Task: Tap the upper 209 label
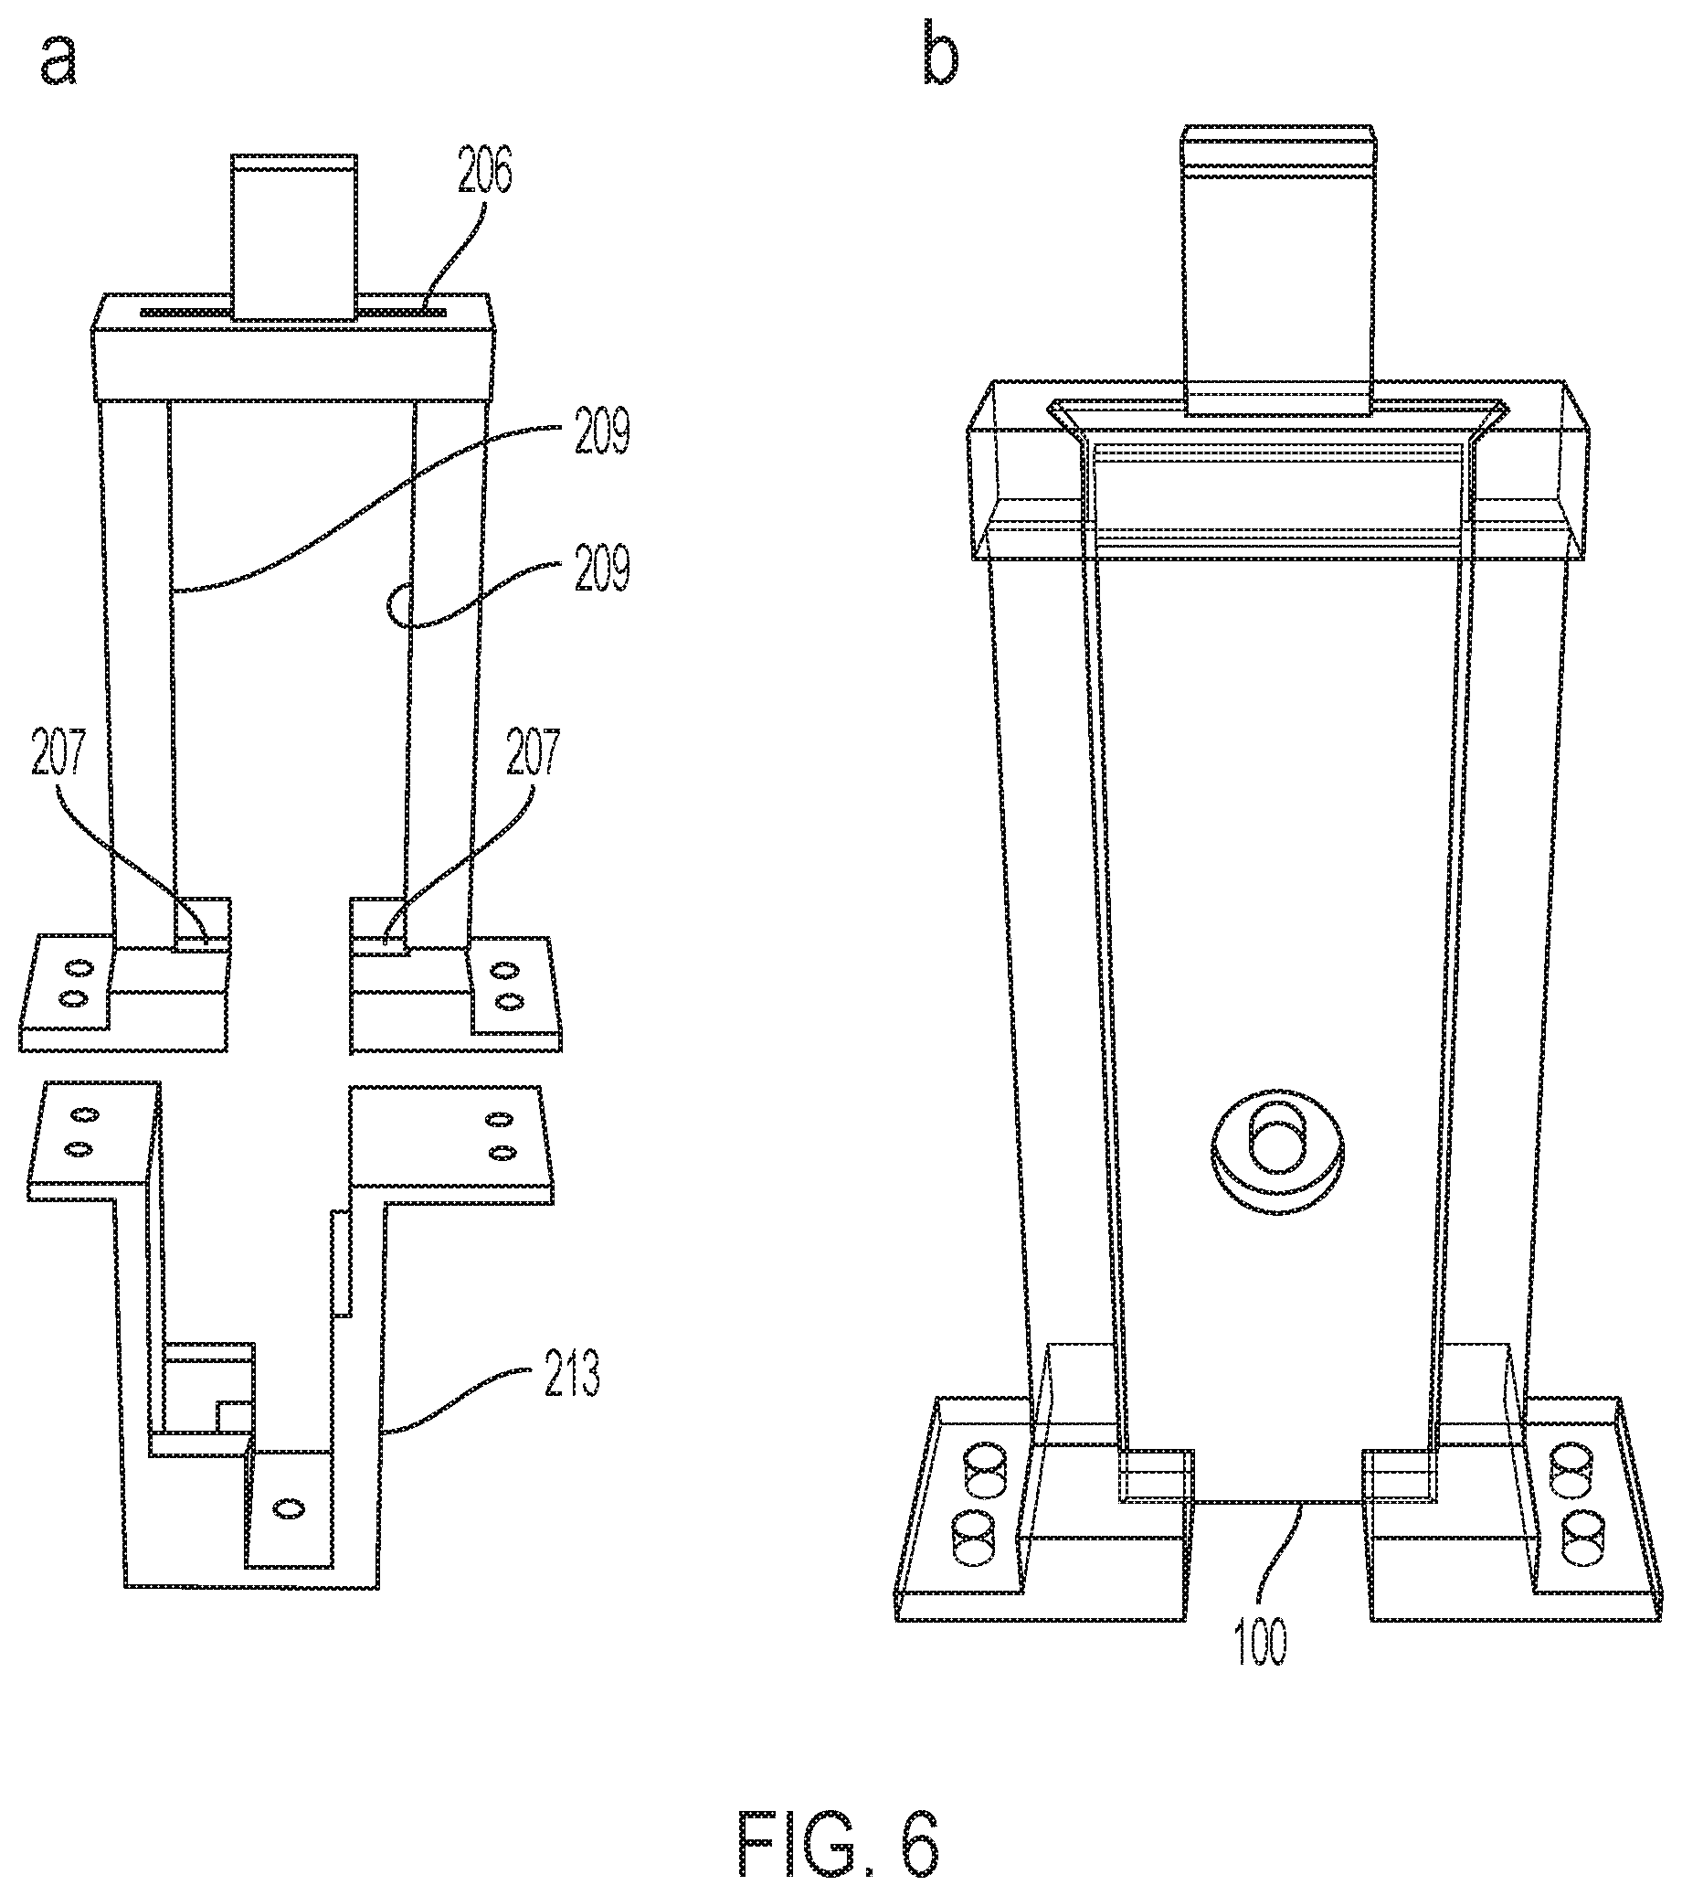click(x=602, y=433)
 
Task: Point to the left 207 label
click(x=57, y=755)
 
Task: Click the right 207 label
click(x=534, y=755)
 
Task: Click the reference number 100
click(x=1262, y=1643)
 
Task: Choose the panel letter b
click(x=940, y=56)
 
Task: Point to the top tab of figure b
click(x=1278, y=269)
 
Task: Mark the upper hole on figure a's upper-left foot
click(x=78, y=968)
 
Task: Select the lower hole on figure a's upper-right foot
click(x=505, y=1002)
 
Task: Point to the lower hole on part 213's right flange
click(x=502, y=1152)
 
